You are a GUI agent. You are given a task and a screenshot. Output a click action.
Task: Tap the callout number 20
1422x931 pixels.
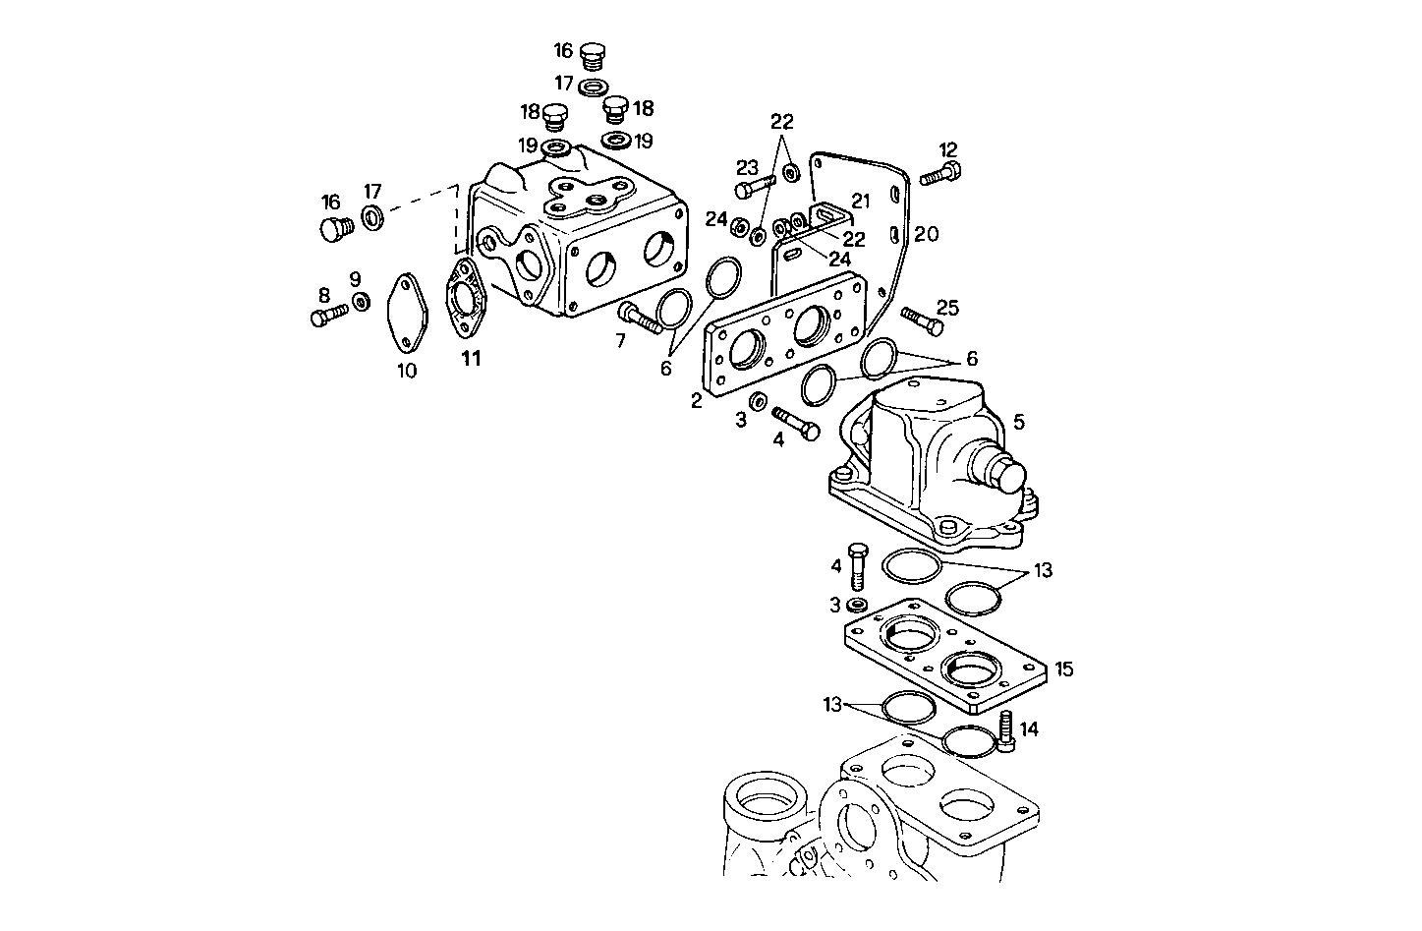point(926,234)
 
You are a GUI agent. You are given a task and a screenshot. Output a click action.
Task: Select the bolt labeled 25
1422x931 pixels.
point(920,320)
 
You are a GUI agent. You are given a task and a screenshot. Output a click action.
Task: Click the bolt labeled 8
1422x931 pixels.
point(329,317)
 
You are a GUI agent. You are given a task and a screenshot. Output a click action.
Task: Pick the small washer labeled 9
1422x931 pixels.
point(361,301)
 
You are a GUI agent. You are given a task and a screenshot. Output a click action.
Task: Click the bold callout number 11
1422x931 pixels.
point(472,359)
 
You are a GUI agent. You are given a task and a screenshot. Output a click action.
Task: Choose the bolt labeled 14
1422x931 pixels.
point(1006,732)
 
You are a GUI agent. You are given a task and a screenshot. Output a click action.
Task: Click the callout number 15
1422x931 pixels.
point(1063,669)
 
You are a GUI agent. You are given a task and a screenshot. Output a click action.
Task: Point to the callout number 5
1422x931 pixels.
point(1019,422)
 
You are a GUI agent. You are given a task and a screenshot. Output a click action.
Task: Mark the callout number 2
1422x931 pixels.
point(696,400)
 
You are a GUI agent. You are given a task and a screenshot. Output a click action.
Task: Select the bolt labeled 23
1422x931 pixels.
point(756,185)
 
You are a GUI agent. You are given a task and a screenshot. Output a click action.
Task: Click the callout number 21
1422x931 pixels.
point(861,201)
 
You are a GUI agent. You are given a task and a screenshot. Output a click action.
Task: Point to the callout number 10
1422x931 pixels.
point(407,371)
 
